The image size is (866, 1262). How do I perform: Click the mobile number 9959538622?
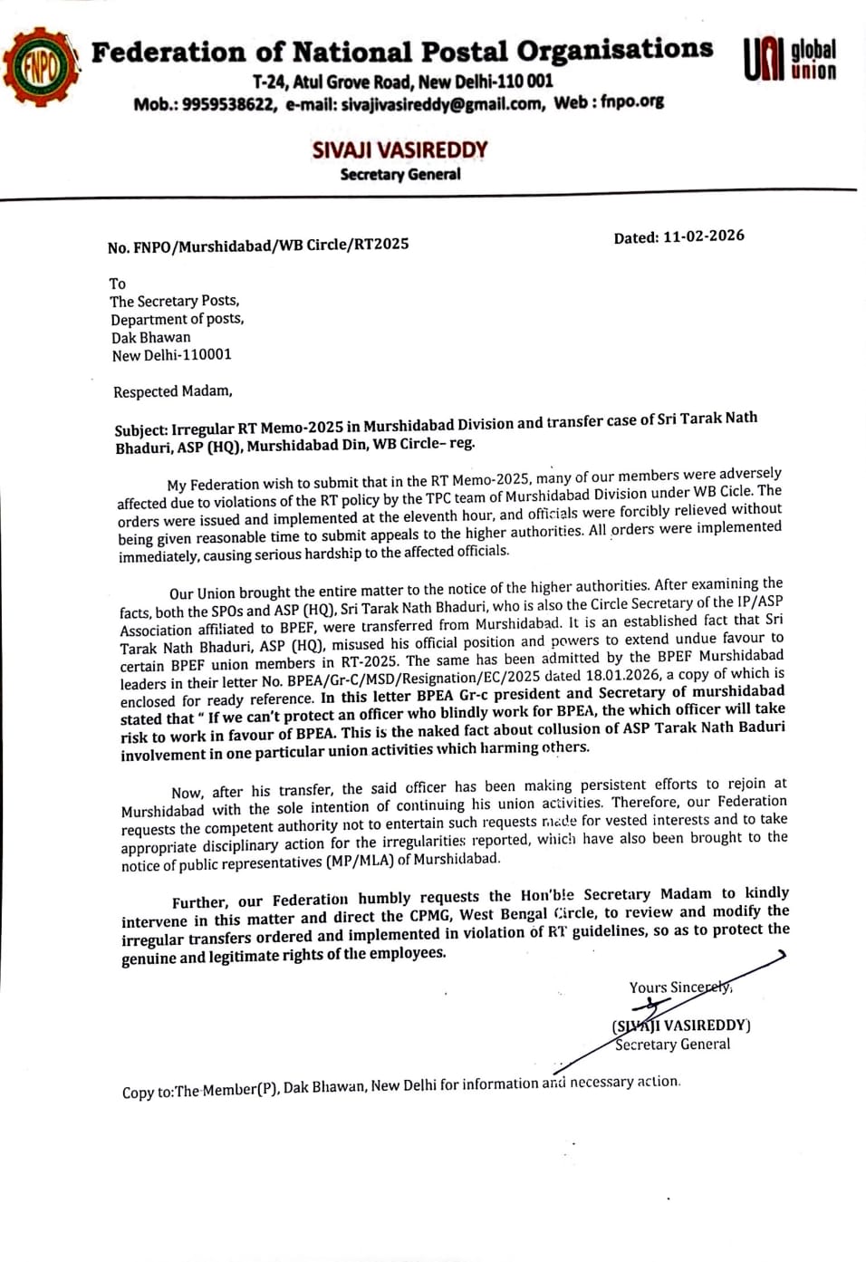click(229, 104)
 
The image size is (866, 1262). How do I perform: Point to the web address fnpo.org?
click(632, 101)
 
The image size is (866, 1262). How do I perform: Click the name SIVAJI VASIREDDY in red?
click(399, 150)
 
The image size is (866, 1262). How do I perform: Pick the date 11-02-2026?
click(704, 236)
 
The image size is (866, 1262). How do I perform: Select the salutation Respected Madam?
click(172, 391)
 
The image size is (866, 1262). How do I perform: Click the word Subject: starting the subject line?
click(140, 430)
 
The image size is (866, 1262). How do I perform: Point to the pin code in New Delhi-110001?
click(207, 355)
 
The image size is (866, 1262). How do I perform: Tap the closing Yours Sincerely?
click(679, 987)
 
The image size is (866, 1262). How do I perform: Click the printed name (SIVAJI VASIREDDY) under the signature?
click(681, 1026)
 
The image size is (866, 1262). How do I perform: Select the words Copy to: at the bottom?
click(148, 1092)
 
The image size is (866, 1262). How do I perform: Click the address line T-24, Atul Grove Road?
click(334, 82)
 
